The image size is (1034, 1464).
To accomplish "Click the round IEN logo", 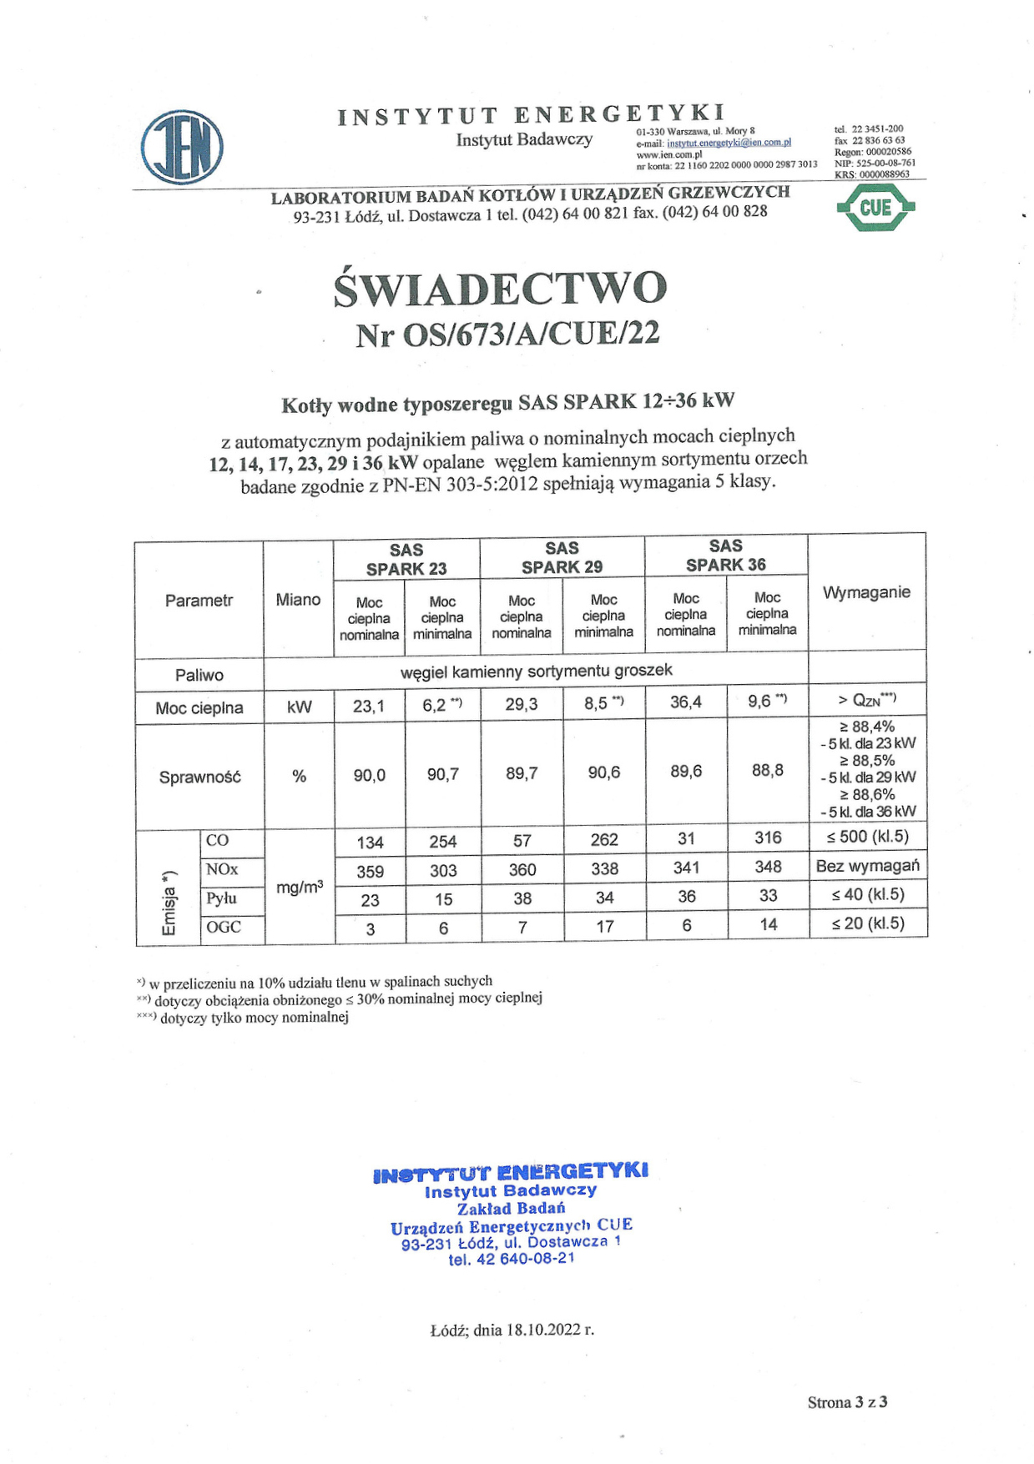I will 182,147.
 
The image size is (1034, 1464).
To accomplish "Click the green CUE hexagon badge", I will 875,208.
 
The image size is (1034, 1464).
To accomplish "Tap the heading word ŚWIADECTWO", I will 500,289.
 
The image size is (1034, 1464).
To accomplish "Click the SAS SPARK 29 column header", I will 562,557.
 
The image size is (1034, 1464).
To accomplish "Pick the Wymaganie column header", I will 865,592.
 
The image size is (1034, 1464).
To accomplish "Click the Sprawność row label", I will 199,777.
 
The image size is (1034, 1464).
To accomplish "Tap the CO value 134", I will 370,843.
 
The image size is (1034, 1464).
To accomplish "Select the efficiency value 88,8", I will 767,770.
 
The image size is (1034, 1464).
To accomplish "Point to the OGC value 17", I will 604,926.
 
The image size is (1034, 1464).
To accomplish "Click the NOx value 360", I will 522,870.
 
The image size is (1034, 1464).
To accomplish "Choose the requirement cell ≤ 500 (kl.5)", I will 867,837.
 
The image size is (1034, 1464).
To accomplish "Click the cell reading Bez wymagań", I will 867,866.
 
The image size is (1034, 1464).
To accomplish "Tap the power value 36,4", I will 685,702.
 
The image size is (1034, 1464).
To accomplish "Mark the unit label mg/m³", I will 300,888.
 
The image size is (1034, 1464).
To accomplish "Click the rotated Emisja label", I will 169,903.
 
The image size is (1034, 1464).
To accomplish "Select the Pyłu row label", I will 222,898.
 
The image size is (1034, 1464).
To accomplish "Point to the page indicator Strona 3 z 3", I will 846,1402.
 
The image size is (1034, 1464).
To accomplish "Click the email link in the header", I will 729,143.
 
